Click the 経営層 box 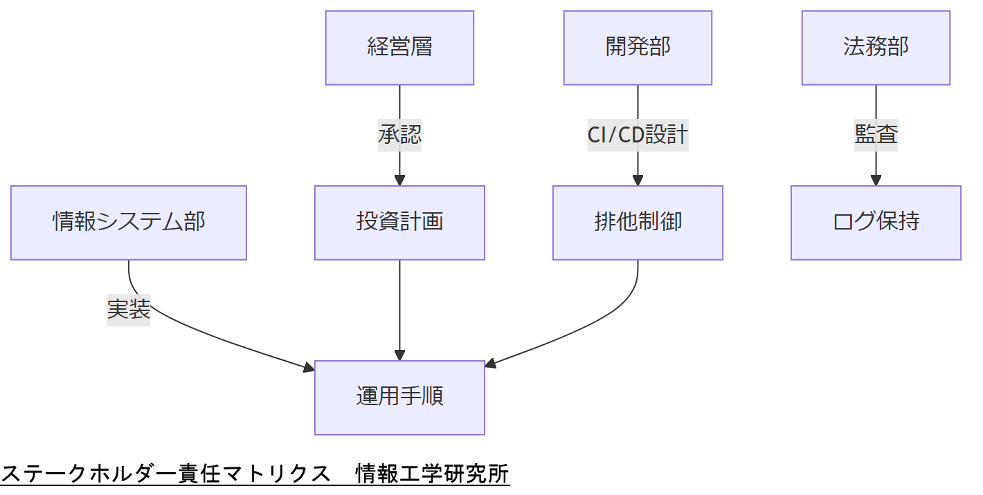(x=399, y=48)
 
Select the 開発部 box (x=638, y=48)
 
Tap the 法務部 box (x=876, y=48)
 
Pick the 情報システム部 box (x=129, y=223)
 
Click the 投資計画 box (x=399, y=223)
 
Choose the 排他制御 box (x=638, y=223)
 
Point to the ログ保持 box (x=876, y=223)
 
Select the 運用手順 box (x=399, y=398)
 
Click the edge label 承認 (x=399, y=135)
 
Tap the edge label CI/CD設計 (x=638, y=135)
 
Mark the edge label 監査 (x=876, y=135)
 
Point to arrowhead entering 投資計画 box (x=399, y=180)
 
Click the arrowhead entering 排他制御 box (x=638, y=180)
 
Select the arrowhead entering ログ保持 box (x=876, y=180)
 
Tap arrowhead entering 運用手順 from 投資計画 (x=399, y=355)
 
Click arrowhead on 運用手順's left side (x=309, y=368)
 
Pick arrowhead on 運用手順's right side (x=491, y=364)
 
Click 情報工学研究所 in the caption (x=432, y=474)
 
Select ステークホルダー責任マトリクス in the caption (x=166, y=474)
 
